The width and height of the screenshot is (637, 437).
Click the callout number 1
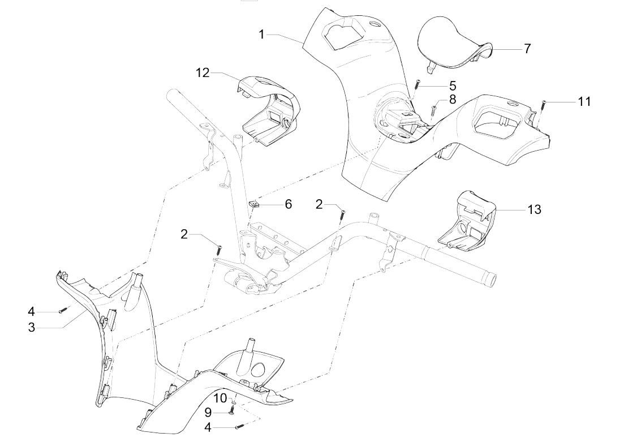pos(262,35)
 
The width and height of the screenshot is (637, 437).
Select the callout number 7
pos(527,49)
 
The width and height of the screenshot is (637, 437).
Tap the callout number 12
pos(203,72)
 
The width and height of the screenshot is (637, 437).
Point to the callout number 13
pos(533,209)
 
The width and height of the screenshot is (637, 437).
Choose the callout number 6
pos(288,204)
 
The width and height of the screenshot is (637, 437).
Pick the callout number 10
pos(219,399)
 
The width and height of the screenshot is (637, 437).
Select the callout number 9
pos(208,412)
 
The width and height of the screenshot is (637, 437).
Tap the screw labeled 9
pos(231,412)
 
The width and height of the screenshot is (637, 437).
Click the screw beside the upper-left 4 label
pos(64,310)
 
